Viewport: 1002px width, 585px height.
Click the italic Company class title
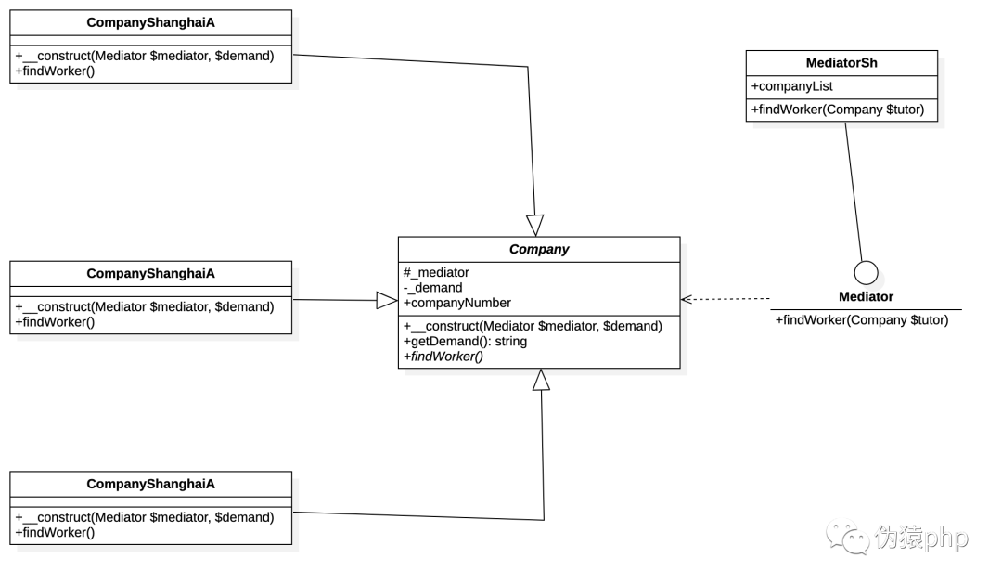click(x=539, y=250)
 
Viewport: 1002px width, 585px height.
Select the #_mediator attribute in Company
click(x=436, y=272)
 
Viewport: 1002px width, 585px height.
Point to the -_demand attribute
click(x=432, y=288)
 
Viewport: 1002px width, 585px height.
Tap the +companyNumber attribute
click(x=456, y=303)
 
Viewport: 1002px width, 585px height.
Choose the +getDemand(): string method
click(x=465, y=342)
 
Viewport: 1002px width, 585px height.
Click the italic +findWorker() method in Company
click(x=443, y=357)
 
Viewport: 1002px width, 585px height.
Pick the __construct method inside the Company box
click(x=533, y=326)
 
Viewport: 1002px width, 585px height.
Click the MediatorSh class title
click(x=841, y=62)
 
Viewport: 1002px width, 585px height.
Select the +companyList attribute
click(x=791, y=86)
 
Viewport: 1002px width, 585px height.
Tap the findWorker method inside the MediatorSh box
click(x=838, y=110)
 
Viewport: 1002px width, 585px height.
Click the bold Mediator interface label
click(x=866, y=296)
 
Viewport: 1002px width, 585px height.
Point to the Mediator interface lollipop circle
click(x=866, y=273)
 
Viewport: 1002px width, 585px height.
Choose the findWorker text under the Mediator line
click(x=862, y=319)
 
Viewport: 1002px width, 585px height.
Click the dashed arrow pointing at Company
click(x=726, y=299)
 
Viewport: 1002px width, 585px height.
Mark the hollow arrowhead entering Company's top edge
click(x=535, y=226)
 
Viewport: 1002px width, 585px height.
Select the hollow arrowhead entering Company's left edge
click(x=387, y=301)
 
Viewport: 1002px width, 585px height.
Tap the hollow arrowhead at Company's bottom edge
click(x=541, y=380)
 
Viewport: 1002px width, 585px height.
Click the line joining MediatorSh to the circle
click(x=854, y=192)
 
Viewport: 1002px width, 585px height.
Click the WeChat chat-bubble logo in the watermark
click(x=847, y=537)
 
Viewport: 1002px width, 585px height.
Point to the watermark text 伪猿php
click(x=921, y=537)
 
